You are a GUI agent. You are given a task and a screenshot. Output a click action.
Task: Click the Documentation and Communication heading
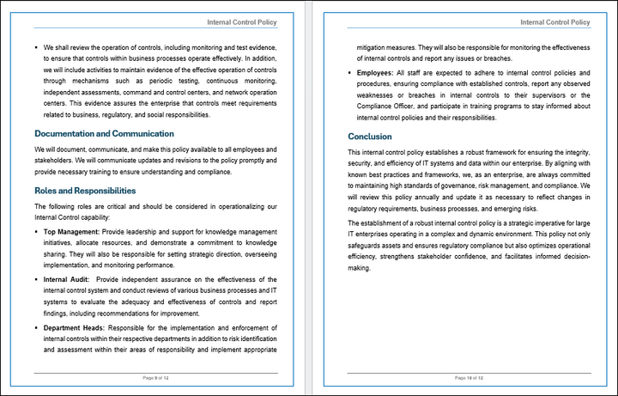point(104,134)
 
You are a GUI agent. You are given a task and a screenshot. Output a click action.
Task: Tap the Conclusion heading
point(370,137)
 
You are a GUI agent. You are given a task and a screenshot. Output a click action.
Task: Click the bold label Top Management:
point(72,232)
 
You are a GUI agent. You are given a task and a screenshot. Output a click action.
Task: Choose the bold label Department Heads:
point(74,327)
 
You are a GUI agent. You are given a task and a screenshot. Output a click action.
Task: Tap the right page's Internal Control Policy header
point(555,21)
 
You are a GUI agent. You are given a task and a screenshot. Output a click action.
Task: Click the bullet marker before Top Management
point(36,232)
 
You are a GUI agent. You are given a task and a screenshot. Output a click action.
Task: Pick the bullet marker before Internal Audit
point(36,279)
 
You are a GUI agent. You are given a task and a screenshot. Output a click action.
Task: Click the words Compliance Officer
point(388,107)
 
